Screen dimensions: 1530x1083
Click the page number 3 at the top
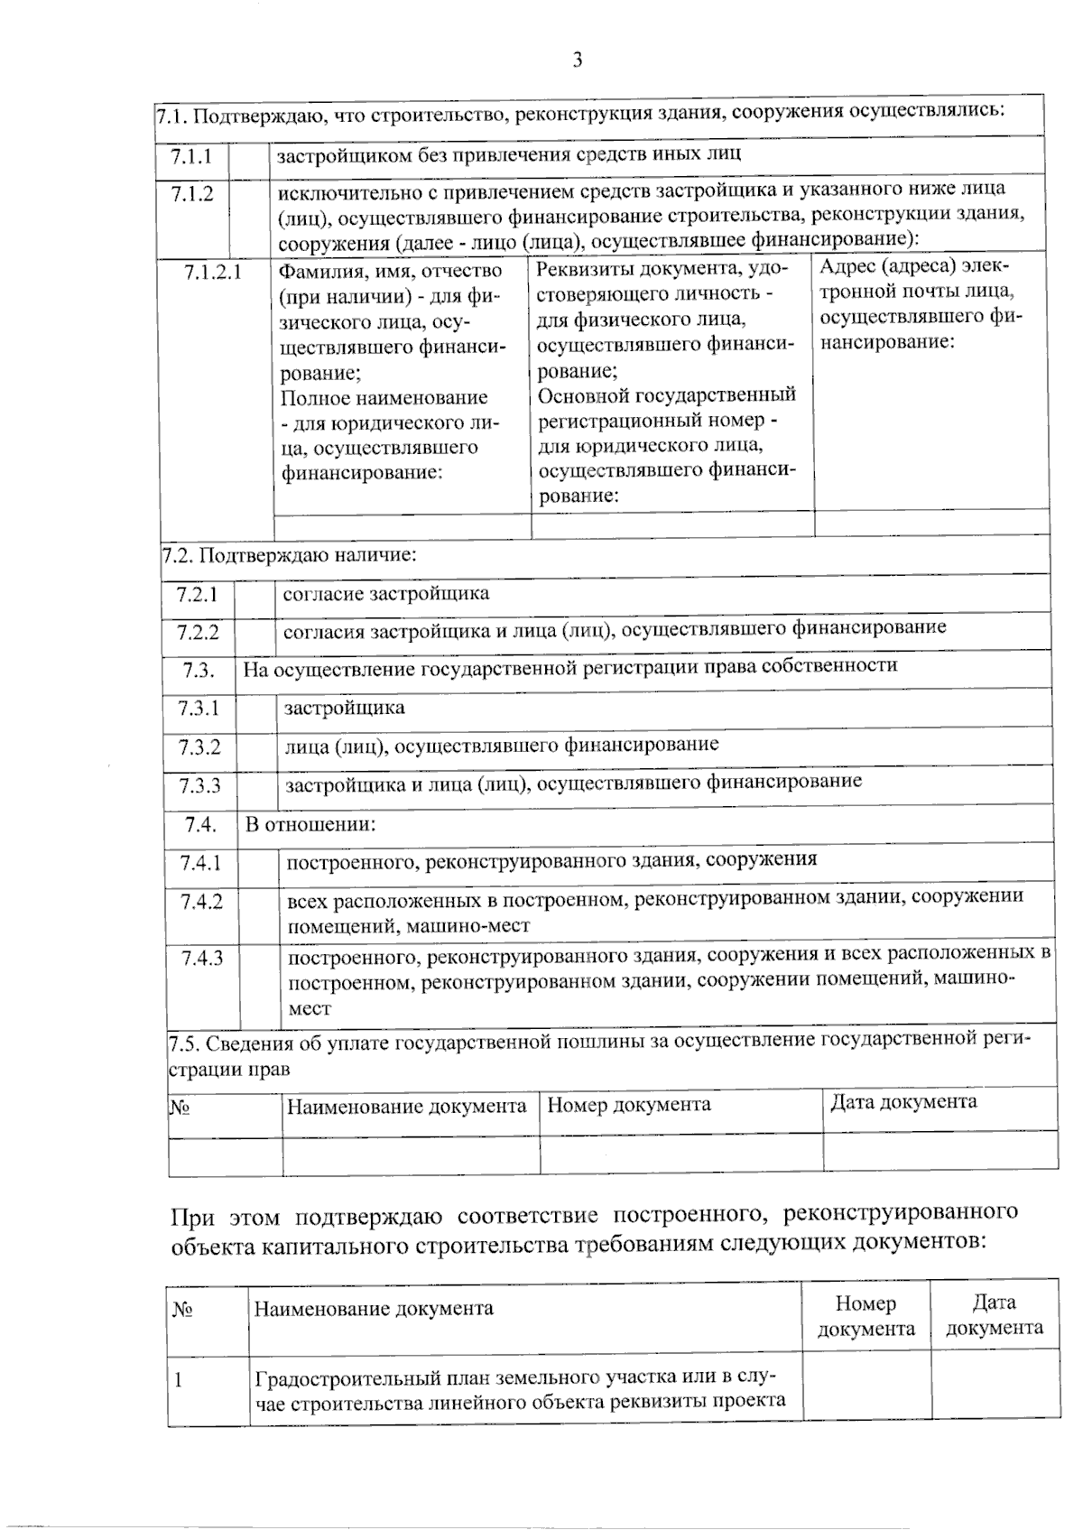click(577, 60)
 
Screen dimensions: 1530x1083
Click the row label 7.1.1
click(191, 156)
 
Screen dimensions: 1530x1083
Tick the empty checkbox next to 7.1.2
click(249, 217)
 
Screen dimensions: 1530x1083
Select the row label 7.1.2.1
click(213, 272)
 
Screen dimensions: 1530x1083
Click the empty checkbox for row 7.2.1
click(256, 596)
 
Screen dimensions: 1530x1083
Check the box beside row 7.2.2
click(256, 632)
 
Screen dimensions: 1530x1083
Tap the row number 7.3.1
click(199, 709)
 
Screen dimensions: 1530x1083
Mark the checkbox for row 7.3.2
click(257, 747)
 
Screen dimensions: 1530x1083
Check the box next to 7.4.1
click(259, 863)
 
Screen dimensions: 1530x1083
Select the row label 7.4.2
click(201, 902)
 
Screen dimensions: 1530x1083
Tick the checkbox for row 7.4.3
click(260, 983)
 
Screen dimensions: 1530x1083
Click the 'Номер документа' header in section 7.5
click(628, 1105)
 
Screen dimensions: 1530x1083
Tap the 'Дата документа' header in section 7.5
click(902, 1102)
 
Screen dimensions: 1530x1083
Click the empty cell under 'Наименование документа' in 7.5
click(411, 1154)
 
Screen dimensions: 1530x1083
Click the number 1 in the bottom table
click(179, 1380)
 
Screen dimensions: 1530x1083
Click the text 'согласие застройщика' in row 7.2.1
click(386, 594)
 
